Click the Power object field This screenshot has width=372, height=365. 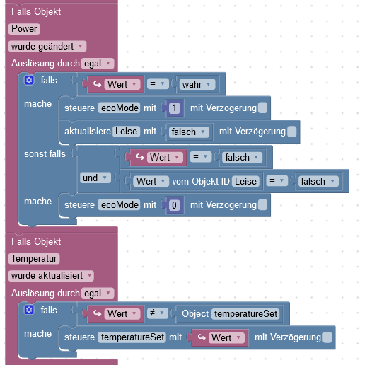point(24,29)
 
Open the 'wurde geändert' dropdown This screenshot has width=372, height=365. point(47,46)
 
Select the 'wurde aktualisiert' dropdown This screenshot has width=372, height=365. point(51,276)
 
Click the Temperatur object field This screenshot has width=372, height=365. point(34,259)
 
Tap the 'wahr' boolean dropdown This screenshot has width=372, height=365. point(197,84)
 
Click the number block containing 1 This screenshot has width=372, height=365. point(175,108)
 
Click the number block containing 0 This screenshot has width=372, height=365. point(175,205)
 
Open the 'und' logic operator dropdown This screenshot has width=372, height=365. point(95,178)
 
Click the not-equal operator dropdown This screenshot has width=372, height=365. point(158,313)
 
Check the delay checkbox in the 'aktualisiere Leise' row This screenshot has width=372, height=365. point(291,132)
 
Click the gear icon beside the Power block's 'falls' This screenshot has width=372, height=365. point(29,80)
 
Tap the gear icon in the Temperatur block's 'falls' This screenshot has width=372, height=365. point(29,310)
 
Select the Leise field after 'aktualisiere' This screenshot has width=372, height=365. point(126,132)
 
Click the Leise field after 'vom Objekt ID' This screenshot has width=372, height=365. point(245,182)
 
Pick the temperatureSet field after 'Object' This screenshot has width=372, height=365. point(245,314)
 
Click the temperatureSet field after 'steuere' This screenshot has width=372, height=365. point(132,337)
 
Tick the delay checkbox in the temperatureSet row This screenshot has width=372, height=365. point(327,337)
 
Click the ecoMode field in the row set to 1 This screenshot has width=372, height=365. point(119,108)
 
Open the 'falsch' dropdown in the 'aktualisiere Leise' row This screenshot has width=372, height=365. point(189,132)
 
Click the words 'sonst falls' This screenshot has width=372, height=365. point(45,154)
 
